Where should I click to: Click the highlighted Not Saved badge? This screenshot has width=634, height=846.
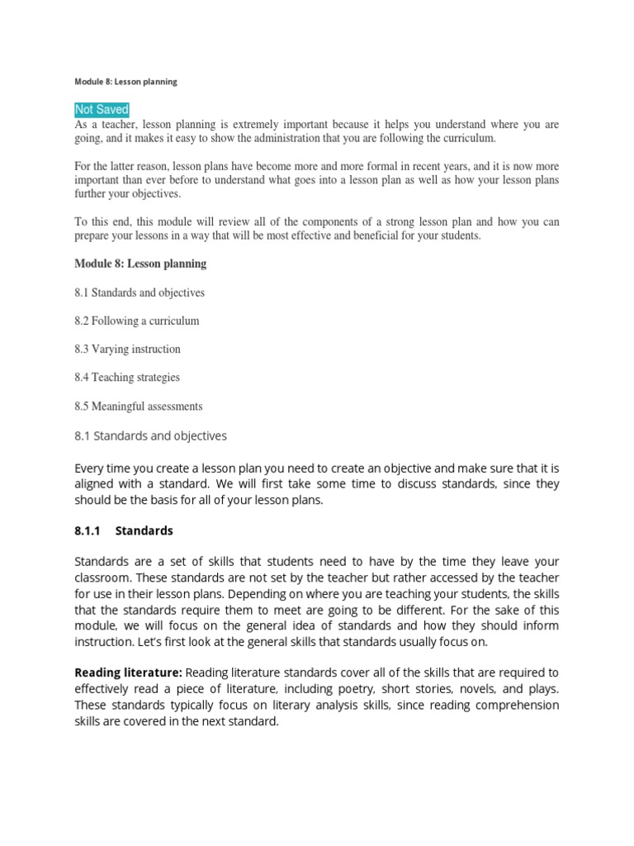point(102,110)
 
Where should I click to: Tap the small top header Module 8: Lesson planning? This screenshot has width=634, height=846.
point(125,82)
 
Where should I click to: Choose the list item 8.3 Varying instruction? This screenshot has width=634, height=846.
point(127,349)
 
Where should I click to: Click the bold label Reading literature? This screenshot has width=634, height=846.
point(128,672)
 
